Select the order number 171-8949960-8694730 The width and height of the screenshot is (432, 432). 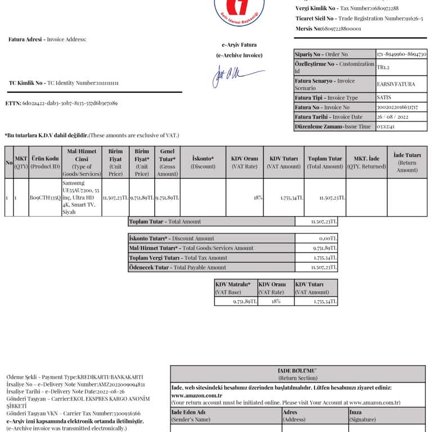coord(401,54)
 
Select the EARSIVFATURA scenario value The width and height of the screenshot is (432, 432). coord(396,84)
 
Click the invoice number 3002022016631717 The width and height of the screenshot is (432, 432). coord(397,107)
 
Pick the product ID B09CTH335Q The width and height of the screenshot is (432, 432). coord(45,198)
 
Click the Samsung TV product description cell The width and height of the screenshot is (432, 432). coord(81,198)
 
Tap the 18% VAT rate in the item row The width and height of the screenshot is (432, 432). coord(258,198)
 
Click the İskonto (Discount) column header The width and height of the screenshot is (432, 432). coord(202,163)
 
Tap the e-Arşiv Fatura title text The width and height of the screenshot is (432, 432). coord(239,44)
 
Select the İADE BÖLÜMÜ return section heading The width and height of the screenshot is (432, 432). coord(298,371)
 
